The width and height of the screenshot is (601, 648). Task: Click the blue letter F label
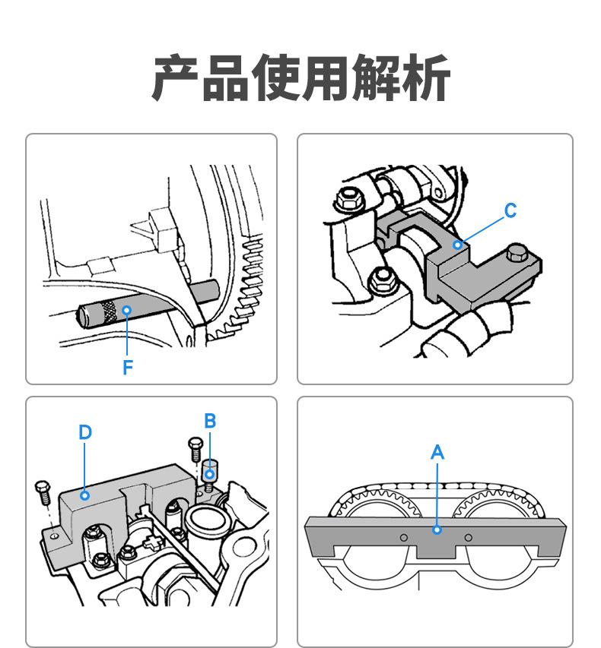[128, 368]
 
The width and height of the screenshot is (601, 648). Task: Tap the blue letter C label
[510, 210]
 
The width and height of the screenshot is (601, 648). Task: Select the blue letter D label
[85, 432]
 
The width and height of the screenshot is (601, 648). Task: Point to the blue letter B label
[210, 420]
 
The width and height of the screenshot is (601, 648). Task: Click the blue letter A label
[437, 453]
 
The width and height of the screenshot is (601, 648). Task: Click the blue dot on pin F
[128, 310]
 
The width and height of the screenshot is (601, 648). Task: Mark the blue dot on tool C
[457, 245]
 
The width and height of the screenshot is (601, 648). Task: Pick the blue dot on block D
[85, 495]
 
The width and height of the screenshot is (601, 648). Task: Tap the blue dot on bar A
[437, 529]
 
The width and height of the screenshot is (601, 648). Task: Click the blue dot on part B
[209, 476]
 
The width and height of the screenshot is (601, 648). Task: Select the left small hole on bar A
[405, 538]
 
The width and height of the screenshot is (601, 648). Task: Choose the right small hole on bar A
[468, 538]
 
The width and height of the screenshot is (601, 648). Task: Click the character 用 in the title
[326, 78]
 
